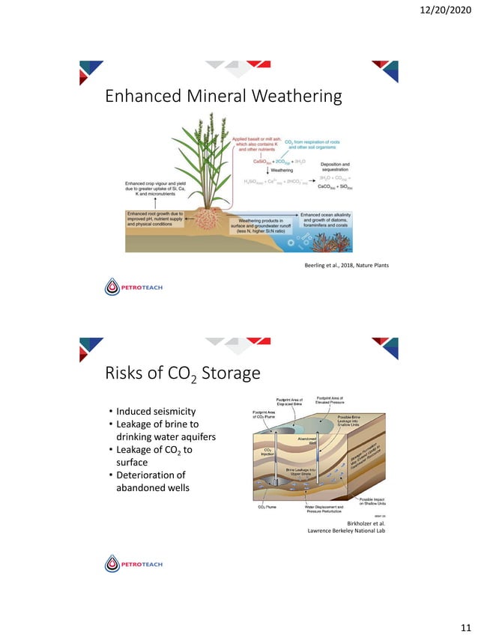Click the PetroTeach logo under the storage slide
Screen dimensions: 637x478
[x=134, y=563]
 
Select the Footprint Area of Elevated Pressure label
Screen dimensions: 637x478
[x=330, y=401]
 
